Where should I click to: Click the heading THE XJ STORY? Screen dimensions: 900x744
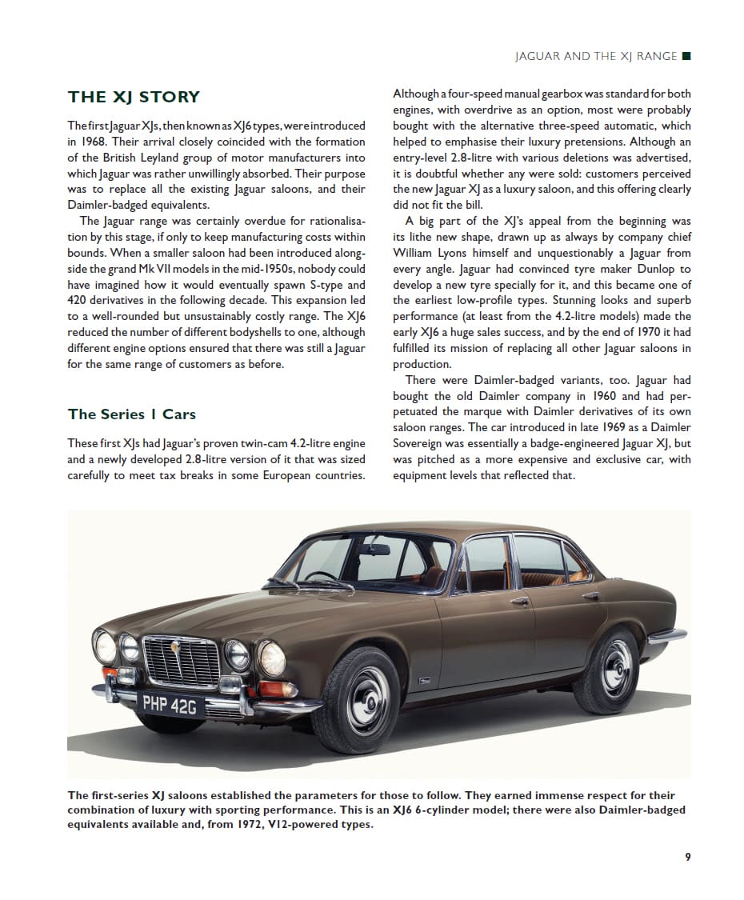coord(134,98)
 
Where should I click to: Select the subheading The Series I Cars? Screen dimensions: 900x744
coord(131,414)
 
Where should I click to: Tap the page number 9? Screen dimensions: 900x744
coord(688,857)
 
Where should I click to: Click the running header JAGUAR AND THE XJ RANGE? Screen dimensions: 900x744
coord(594,57)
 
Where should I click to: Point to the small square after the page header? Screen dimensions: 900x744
coord(686,57)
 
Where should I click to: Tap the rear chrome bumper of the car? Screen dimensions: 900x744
coord(667,635)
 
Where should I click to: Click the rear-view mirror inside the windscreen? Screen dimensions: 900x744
coord(374,549)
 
